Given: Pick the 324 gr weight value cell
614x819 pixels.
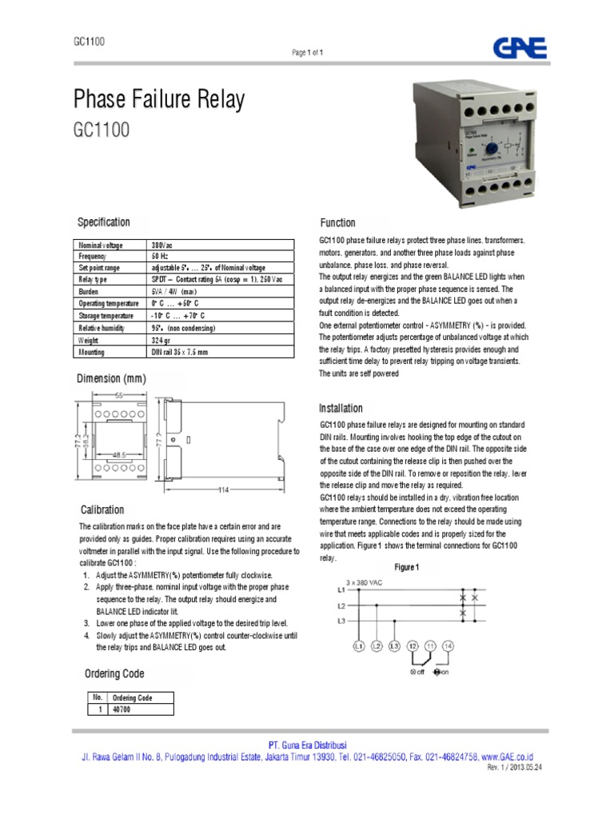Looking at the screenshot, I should pos(162,340).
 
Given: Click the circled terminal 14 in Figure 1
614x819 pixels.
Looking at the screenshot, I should pos(448,645).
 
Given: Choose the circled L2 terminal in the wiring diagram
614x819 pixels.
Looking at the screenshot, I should pos(377,645).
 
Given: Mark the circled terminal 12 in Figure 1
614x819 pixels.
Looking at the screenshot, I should pos(413,645).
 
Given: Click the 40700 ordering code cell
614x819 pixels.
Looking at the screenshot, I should pos(122,709).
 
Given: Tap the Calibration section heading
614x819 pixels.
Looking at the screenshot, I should pos(102,509).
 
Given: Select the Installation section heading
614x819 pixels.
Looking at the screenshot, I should pos(341,408).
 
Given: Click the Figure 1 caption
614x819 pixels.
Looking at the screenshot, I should pos(407,567).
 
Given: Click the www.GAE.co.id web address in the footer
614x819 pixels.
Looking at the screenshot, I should pos(508,757).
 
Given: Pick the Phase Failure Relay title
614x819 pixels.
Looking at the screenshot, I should pos(159,101).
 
